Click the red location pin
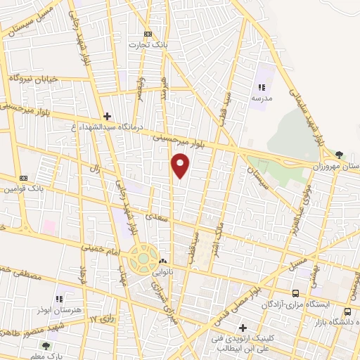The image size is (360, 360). click(x=181, y=166)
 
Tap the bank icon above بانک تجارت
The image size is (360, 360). click(x=148, y=34)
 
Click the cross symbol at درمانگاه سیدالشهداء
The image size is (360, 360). click(x=106, y=116)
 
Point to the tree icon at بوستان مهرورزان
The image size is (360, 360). click(x=340, y=154)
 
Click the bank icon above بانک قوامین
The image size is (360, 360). click(x=23, y=178)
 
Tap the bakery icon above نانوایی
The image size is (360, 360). click(x=162, y=259)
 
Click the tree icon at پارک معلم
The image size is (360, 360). click(x=46, y=345)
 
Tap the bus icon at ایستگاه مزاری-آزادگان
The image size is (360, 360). click(x=296, y=293)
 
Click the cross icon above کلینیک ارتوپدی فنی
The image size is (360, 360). click(x=243, y=327)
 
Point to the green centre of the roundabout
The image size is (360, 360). click(x=143, y=258)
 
